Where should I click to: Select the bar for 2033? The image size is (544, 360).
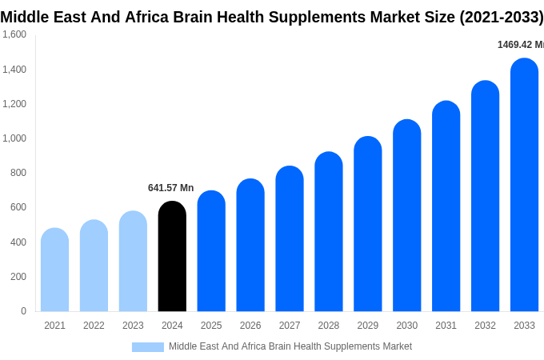(524, 185)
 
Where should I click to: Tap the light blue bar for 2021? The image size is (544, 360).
(54, 270)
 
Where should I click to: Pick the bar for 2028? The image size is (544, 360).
(329, 231)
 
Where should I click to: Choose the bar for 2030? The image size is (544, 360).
(406, 215)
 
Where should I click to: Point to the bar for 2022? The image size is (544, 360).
(94, 266)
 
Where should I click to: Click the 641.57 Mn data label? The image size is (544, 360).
(170, 188)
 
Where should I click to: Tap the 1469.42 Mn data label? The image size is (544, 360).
(520, 45)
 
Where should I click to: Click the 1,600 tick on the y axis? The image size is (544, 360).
(14, 34)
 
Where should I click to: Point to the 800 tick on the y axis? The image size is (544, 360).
(18, 173)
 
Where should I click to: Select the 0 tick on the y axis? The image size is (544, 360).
(23, 311)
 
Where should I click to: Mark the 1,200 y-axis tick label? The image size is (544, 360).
(14, 104)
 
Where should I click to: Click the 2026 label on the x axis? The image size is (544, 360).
(250, 326)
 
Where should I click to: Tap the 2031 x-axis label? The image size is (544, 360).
(446, 326)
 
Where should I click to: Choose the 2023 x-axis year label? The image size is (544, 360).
(133, 326)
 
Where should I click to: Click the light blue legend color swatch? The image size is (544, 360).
(148, 347)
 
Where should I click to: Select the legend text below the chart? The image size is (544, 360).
(290, 346)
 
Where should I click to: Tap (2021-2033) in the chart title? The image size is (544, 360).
(501, 17)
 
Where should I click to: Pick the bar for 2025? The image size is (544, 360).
(211, 251)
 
